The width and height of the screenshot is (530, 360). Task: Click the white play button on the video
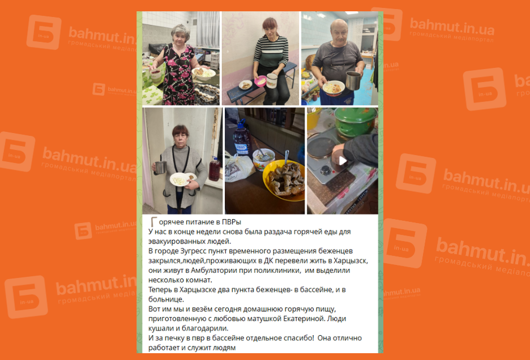(x=343, y=161)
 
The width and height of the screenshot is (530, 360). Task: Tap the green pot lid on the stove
(x=355, y=116)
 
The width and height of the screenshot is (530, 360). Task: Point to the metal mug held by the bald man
(x=353, y=80)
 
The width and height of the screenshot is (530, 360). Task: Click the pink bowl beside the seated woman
(x=260, y=82)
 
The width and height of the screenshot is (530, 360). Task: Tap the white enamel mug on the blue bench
(x=272, y=81)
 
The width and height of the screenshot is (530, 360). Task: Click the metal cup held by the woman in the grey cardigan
(x=161, y=168)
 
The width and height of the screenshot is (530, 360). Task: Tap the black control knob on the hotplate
(x=326, y=170)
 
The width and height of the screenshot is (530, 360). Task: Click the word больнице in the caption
(x=166, y=299)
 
